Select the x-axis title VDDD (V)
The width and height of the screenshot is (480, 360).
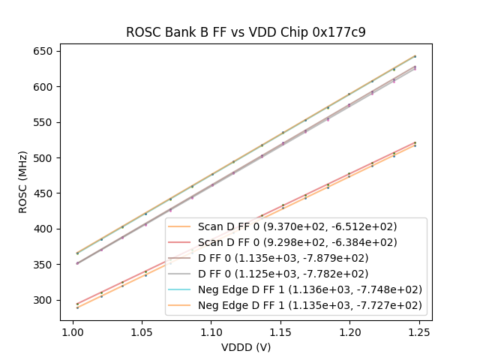pyautogui.click(x=245, y=347)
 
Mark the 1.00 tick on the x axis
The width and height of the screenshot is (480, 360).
pyautogui.click(x=72, y=331)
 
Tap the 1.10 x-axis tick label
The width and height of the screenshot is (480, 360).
pyautogui.click(x=211, y=331)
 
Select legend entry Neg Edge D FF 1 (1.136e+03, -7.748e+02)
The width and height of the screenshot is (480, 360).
pyautogui.click(x=310, y=289)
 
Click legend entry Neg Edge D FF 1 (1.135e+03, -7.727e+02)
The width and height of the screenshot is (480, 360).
pyautogui.click(x=310, y=305)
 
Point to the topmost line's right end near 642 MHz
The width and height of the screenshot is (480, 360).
pyautogui.click(x=415, y=56)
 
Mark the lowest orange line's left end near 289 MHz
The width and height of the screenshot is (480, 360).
pyautogui.click(x=77, y=307)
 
